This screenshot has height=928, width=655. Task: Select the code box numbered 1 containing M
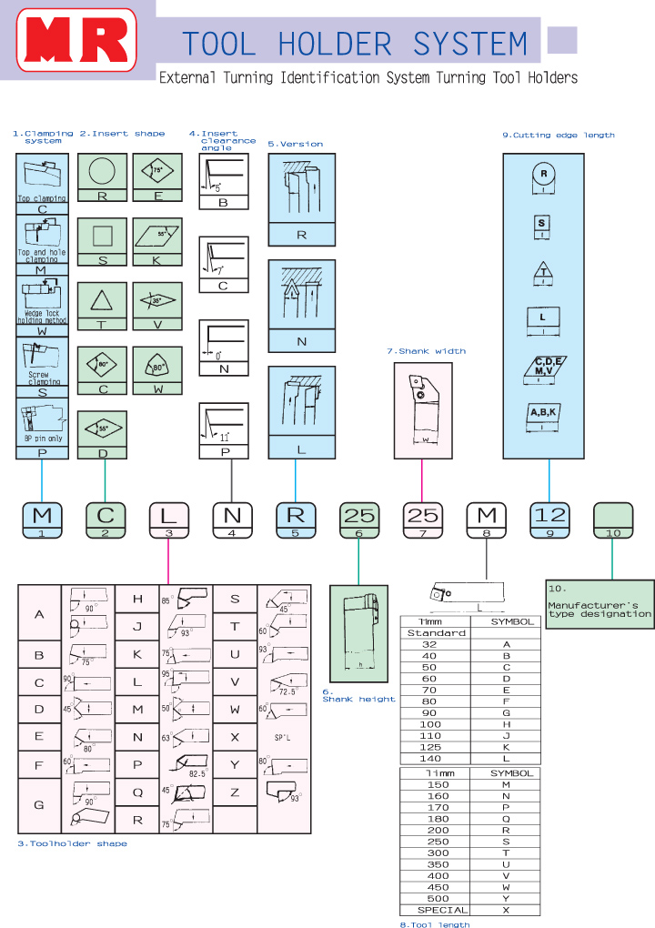[43, 519]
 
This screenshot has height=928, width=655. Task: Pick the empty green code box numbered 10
[612, 519]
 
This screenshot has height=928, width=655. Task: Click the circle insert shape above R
[103, 171]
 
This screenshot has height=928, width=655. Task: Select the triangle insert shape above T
[103, 301]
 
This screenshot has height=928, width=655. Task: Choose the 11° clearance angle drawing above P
[224, 424]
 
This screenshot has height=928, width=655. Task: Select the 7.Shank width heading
[426, 351]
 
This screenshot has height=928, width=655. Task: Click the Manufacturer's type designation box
[600, 604]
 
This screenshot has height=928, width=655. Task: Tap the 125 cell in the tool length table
[431, 747]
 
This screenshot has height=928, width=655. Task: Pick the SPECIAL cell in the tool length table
[442, 910]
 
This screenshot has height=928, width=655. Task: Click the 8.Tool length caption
[435, 924]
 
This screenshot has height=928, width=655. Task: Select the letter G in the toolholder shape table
[39, 804]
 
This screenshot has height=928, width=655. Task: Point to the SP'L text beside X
[283, 738]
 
